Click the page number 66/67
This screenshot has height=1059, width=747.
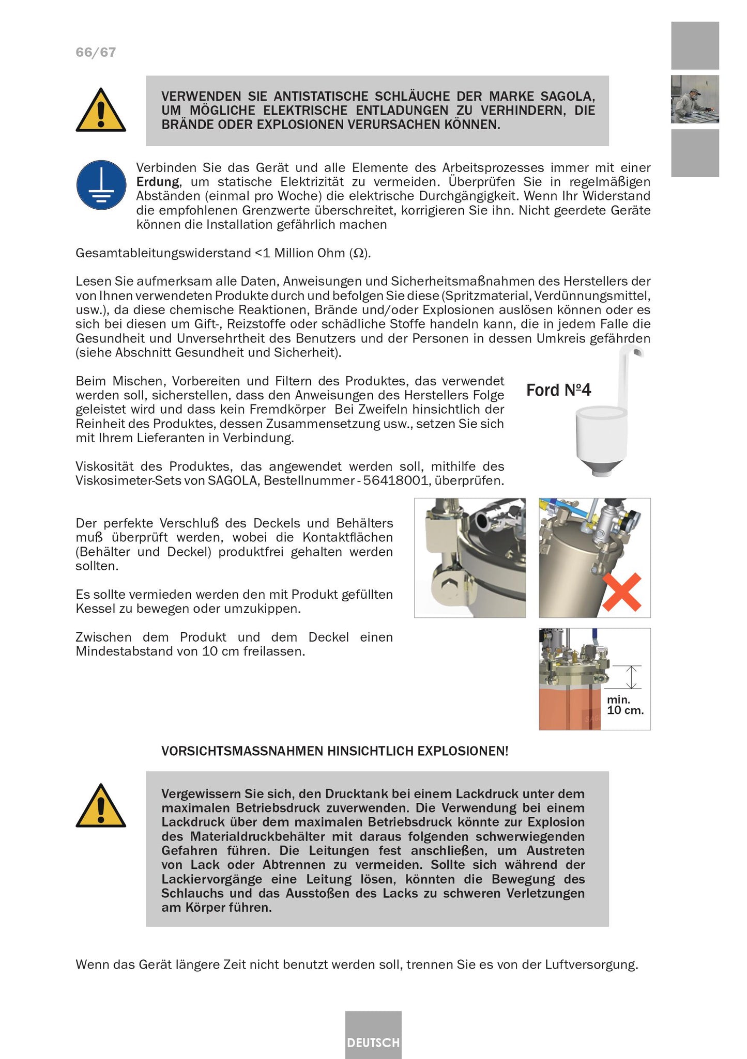(96, 52)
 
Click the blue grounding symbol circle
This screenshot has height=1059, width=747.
(101, 185)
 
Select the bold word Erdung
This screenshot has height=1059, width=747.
(158, 182)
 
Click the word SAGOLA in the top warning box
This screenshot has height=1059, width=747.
(567, 96)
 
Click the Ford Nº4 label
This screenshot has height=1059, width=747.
(558, 390)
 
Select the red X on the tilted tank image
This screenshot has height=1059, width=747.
(622, 592)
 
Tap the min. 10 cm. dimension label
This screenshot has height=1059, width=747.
(625, 705)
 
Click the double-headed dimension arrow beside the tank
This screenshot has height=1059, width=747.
(631, 677)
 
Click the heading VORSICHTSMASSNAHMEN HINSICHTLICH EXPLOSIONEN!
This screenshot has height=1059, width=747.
(334, 751)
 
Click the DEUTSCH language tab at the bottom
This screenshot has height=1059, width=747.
(373, 1042)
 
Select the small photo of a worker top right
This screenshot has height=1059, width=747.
(695, 99)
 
